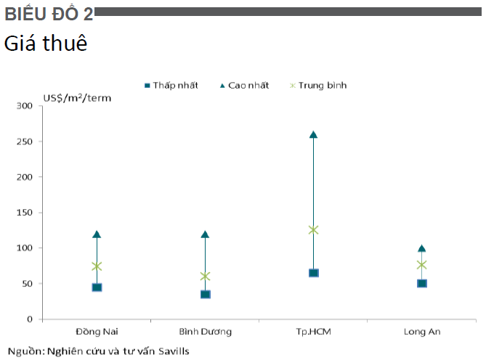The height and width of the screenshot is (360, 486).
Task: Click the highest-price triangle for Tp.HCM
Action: pyautogui.click(x=313, y=135)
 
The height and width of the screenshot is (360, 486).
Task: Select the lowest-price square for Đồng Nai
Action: pyautogui.click(x=97, y=287)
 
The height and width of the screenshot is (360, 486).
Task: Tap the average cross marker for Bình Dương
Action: pyautogui.click(x=205, y=276)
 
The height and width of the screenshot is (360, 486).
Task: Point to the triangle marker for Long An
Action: pyautogui.click(x=421, y=248)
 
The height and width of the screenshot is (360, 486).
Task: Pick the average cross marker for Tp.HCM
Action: pyautogui.click(x=313, y=230)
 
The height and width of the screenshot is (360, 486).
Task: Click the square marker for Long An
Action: pyautogui.click(x=422, y=283)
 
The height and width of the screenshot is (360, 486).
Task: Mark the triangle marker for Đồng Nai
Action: pyautogui.click(x=97, y=234)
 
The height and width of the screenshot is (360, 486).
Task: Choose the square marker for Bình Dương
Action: pyautogui.click(x=205, y=294)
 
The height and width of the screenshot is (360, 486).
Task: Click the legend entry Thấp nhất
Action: pyautogui.click(x=171, y=85)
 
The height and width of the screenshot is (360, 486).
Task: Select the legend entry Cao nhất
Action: pyautogui.click(x=245, y=85)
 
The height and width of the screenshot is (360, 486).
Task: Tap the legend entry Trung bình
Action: pyautogui.click(x=318, y=85)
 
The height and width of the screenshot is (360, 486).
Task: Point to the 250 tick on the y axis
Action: pyautogui.click(x=41, y=142)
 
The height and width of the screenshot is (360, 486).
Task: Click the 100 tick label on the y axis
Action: pyautogui.click(x=25, y=248)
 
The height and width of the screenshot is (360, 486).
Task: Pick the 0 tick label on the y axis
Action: pyautogui.click(x=30, y=319)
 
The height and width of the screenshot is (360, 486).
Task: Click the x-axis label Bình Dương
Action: pyautogui.click(x=205, y=332)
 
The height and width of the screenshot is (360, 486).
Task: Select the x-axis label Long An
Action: pyautogui.click(x=422, y=332)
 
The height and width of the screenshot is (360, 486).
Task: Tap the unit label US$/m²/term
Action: pyautogui.click(x=77, y=98)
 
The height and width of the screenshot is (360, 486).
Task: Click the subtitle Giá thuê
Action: pyautogui.click(x=46, y=43)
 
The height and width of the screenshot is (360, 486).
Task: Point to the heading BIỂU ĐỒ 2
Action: pyautogui.click(x=49, y=14)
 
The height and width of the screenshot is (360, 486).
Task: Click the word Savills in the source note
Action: pyautogui.click(x=174, y=351)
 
